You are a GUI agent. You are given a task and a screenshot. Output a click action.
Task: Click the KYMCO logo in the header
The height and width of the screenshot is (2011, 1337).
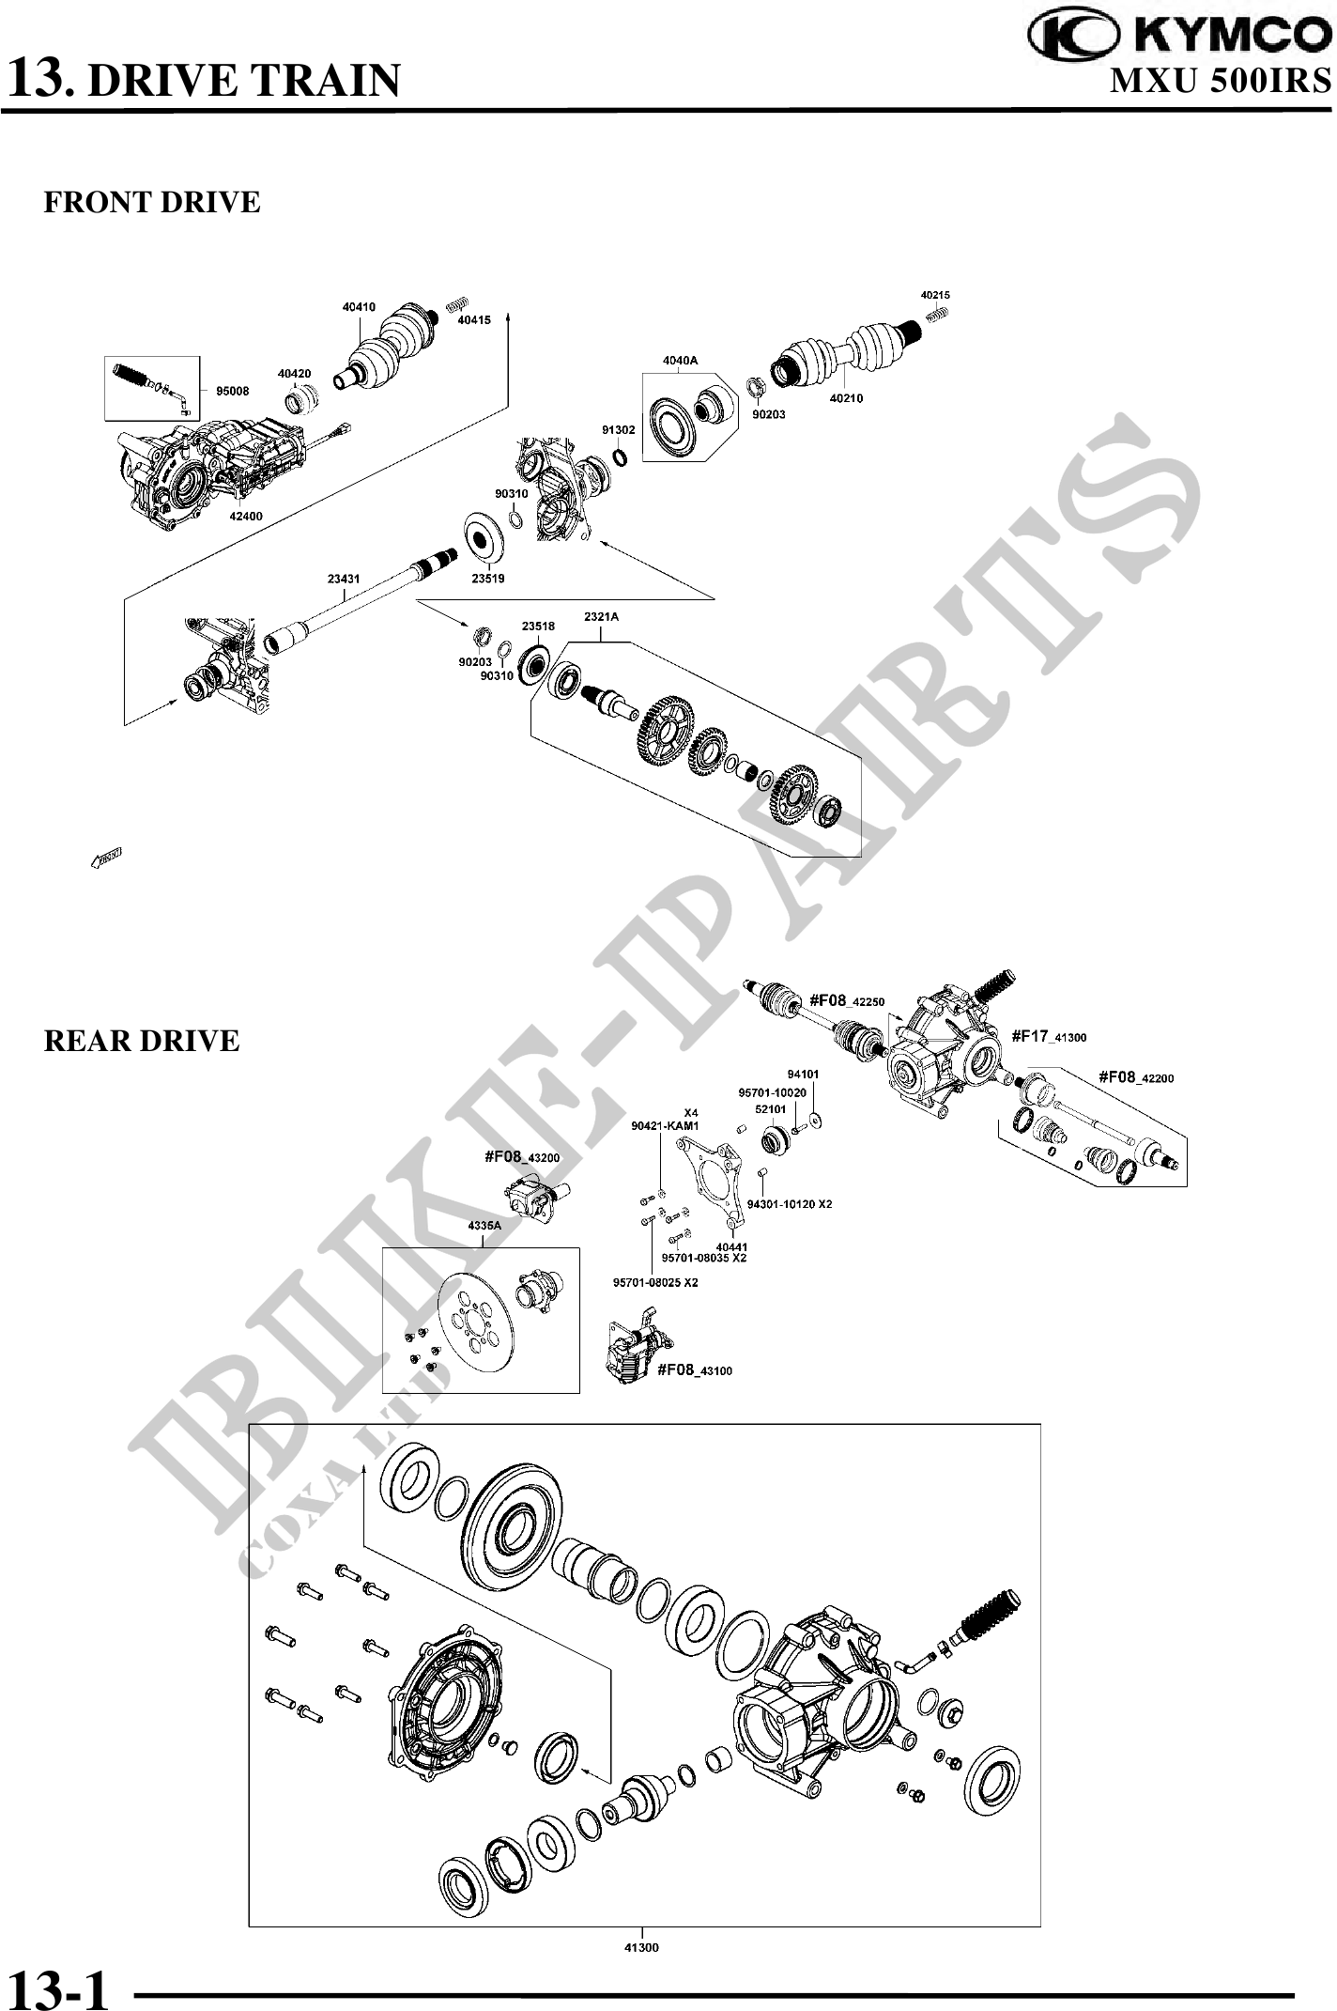point(1178,36)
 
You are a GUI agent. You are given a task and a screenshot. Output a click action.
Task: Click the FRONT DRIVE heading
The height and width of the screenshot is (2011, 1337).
point(152,202)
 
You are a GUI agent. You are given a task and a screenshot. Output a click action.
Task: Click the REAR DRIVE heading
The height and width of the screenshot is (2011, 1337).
point(142,1041)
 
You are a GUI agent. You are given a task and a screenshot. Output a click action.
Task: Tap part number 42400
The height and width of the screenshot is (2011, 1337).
point(246,516)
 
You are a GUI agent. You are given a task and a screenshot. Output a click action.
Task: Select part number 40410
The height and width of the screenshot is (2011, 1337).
point(359,307)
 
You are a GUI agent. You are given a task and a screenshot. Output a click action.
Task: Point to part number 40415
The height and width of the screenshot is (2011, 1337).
point(474,320)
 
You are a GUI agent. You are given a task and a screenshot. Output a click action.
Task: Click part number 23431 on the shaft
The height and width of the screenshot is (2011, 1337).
point(344,580)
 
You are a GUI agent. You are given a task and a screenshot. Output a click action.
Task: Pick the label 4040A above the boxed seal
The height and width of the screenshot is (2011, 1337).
point(680,360)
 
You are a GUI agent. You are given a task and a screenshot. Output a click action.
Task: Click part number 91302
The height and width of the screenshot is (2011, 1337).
point(619,429)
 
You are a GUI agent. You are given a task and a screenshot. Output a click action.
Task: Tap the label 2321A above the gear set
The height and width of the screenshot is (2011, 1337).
point(602,617)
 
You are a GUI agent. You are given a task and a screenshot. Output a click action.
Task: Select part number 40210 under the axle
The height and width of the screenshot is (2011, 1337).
point(846,398)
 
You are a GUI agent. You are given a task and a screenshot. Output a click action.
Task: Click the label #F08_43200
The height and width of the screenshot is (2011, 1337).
point(522,1157)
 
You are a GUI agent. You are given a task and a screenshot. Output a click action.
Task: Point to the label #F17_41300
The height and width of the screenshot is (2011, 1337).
point(1049,1036)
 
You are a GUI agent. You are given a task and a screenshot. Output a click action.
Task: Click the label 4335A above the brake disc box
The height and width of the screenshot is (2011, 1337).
point(484,1226)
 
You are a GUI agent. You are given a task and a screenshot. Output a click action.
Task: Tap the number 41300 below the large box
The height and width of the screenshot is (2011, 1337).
point(642,1947)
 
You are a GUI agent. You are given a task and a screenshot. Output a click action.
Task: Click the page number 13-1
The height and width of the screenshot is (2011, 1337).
point(58,1985)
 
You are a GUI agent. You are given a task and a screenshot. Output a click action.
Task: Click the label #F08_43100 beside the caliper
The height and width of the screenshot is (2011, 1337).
point(694,1370)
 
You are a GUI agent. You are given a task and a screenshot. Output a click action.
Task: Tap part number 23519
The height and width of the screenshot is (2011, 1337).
point(487,579)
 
